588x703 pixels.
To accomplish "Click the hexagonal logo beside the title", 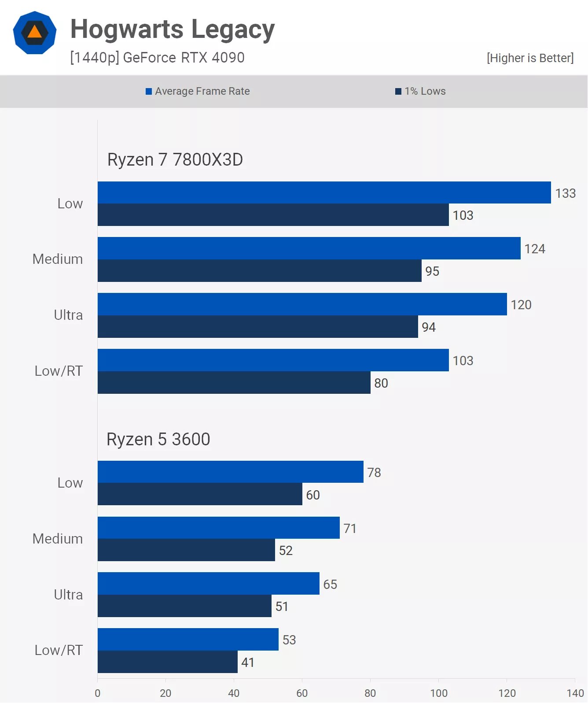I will pos(35,33).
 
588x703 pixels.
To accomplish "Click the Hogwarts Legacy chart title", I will pos(173,30).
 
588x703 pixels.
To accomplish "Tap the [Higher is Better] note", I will pos(530,58).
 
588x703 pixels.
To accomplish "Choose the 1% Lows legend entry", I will pos(420,91).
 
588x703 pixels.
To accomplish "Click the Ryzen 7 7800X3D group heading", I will pos(175,159).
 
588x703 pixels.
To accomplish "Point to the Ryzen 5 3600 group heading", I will pos(158,439).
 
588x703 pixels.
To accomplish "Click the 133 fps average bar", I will pos(324,192).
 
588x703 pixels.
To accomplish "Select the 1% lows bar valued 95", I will pos(259,270).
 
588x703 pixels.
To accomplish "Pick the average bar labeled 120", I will pos(302,304).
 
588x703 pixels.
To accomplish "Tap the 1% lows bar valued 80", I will pos(234,382).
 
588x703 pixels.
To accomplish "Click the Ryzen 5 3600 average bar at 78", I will pos(230,472).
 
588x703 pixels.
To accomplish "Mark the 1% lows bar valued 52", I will pos(186,550).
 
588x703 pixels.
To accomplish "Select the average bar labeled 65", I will pos(208,583).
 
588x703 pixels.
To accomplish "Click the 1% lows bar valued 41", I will pos(167,662).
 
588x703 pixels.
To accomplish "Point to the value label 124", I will pos(535,249).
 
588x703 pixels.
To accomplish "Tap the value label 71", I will pos(350,528).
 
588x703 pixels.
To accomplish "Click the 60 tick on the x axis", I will pos(302,693).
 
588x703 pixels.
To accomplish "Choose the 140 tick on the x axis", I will pos(575,693).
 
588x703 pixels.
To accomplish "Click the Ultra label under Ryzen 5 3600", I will pos(68,595).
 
